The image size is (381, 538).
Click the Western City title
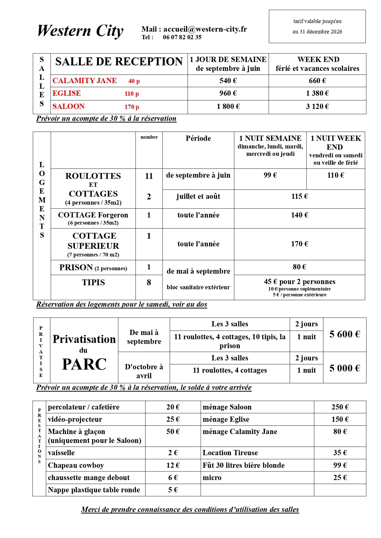(x=80, y=31)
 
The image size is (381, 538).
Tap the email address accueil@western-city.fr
(x=205, y=29)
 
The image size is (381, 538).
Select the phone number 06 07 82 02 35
(x=182, y=37)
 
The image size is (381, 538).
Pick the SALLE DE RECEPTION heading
(x=119, y=62)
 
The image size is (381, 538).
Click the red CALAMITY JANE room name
(x=84, y=81)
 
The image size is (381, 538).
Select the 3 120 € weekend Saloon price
(x=317, y=106)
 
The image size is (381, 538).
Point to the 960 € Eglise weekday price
(x=228, y=93)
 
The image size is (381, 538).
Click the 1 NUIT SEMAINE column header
(x=270, y=139)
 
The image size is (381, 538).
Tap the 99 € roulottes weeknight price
(x=270, y=175)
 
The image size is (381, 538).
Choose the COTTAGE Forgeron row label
(x=93, y=215)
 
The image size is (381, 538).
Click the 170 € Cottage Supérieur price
(x=299, y=244)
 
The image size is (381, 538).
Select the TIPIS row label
(x=93, y=282)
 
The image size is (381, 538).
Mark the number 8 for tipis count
(x=149, y=282)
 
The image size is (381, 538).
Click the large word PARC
(x=84, y=364)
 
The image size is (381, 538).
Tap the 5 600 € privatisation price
(x=344, y=334)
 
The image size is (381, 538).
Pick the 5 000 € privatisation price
(x=344, y=368)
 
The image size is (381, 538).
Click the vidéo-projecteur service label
(x=75, y=419)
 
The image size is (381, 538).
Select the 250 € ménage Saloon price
(x=340, y=407)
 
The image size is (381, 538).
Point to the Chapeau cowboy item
(x=76, y=465)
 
